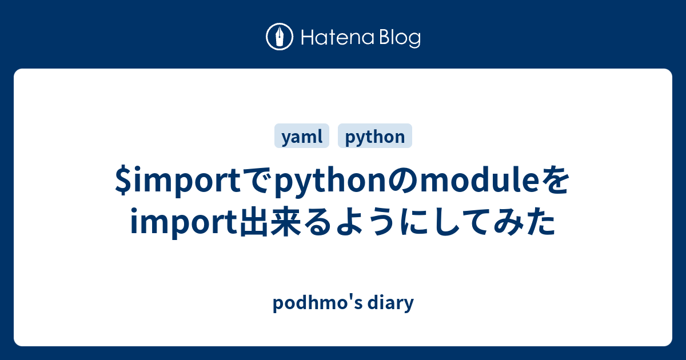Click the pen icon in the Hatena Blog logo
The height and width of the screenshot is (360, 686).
[x=280, y=37]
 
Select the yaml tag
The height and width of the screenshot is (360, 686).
[x=302, y=137]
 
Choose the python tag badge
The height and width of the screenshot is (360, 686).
[x=375, y=137]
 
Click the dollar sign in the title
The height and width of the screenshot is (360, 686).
[x=122, y=183]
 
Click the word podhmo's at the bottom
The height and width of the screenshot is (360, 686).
[x=315, y=303]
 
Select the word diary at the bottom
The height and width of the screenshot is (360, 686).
[x=390, y=303]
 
